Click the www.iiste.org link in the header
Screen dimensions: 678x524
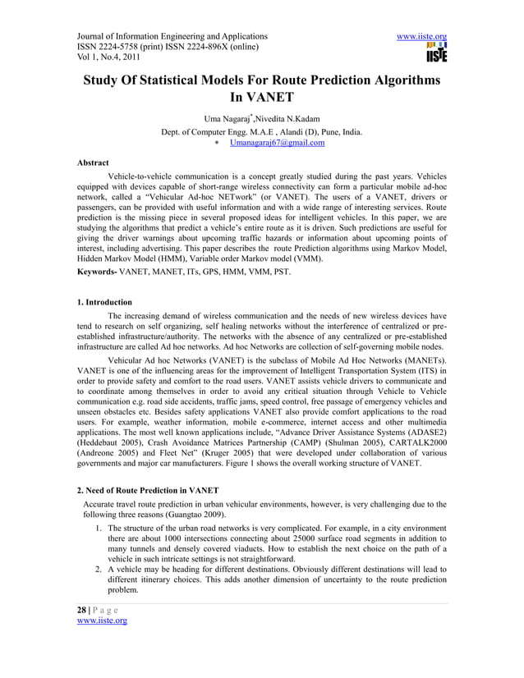tap(421, 37)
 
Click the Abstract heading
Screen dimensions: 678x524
tap(92, 163)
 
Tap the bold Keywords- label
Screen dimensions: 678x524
tap(99, 270)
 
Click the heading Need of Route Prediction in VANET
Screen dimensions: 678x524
tap(153, 490)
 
